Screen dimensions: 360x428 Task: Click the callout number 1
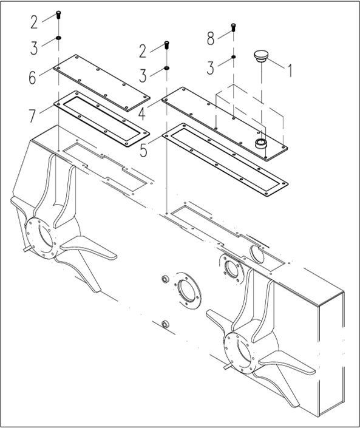pyautogui.click(x=290, y=70)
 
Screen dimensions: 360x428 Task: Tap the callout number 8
pyautogui.click(x=211, y=38)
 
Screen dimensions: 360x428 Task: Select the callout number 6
pyautogui.click(x=32, y=78)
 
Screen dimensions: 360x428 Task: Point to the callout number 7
pyautogui.click(x=33, y=116)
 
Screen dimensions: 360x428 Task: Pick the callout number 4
pyautogui.click(x=142, y=114)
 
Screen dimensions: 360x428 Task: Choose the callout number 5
pyautogui.click(x=143, y=150)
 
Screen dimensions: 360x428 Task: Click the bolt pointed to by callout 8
pyautogui.click(x=233, y=27)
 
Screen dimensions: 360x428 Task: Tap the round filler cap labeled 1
pyautogui.click(x=261, y=55)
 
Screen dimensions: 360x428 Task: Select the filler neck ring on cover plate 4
pyautogui.click(x=260, y=143)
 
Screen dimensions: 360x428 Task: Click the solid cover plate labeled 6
pyautogui.click(x=101, y=83)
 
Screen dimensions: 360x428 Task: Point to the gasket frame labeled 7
pyautogui.click(x=101, y=119)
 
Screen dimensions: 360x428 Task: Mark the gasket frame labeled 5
pyautogui.click(x=225, y=160)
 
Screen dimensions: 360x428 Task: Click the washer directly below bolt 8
pyautogui.click(x=233, y=57)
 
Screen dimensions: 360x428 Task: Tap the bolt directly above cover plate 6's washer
pyautogui.click(x=58, y=15)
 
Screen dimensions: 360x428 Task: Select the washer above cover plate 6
pyautogui.click(x=58, y=38)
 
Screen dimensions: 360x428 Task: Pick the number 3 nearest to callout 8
pyautogui.click(x=210, y=68)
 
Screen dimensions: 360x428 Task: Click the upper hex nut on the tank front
pyautogui.click(x=165, y=279)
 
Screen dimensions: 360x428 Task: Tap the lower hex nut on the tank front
pyautogui.click(x=165, y=324)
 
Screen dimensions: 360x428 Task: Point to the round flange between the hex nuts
pyautogui.click(x=188, y=291)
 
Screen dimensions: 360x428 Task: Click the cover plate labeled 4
pyautogui.click(x=225, y=124)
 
